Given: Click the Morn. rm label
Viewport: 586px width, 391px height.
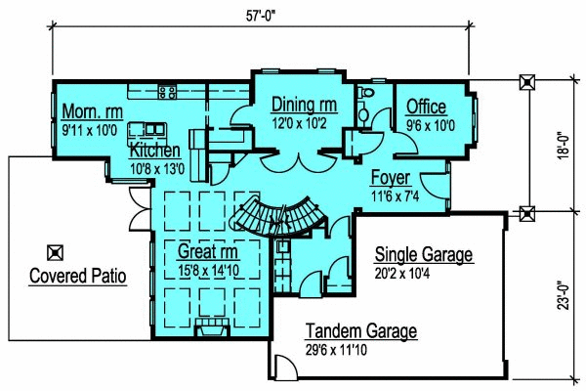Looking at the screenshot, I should coord(90,109).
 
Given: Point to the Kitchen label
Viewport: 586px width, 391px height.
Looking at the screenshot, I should coord(154,152).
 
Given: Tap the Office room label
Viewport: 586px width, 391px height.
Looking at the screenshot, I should coord(426,107).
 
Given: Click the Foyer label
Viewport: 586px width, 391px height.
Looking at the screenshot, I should coord(390,180).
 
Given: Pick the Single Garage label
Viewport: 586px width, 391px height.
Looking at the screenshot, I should coord(424,255).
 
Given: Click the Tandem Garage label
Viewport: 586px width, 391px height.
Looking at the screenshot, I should coord(361,330).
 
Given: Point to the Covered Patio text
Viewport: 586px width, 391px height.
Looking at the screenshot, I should coord(78,276).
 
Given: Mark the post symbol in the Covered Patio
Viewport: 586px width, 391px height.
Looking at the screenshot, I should coord(56,251).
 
